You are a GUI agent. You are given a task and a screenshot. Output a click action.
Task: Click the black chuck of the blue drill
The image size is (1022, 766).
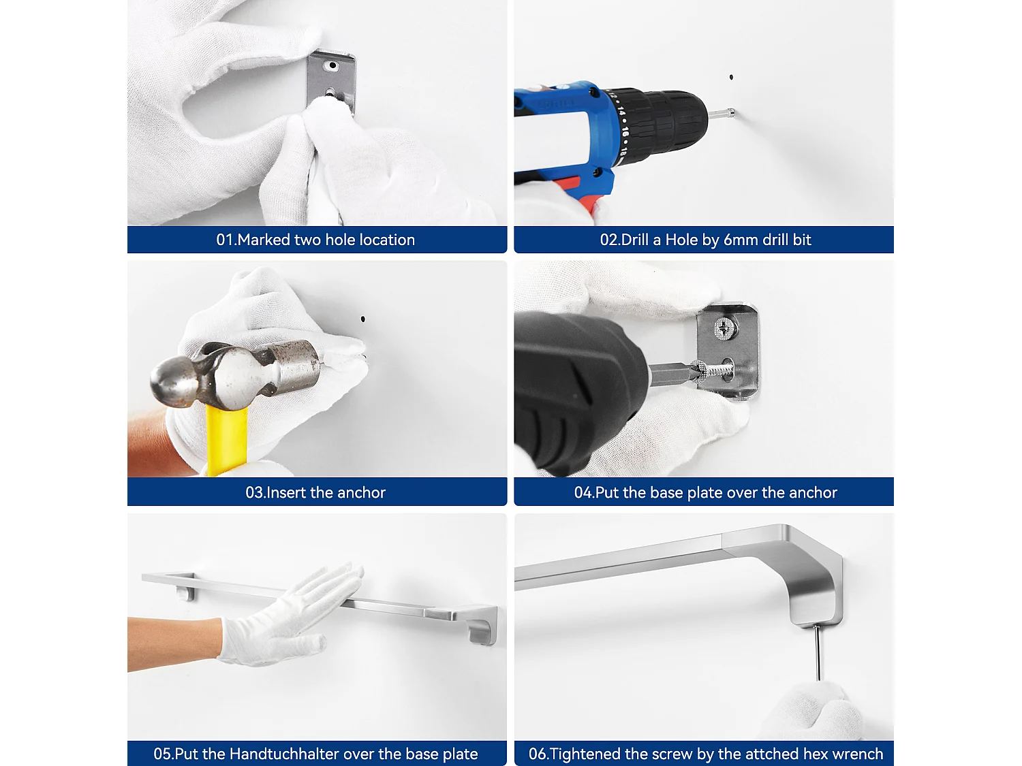(x=661, y=123)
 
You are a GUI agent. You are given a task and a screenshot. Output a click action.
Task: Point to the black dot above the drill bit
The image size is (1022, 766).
(x=731, y=77)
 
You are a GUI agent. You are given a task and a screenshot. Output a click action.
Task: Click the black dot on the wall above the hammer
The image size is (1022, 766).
(x=363, y=319)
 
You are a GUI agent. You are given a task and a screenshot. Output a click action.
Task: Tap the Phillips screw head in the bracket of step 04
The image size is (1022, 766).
(x=723, y=329)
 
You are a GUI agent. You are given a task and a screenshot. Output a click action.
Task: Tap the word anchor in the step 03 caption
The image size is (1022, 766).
(x=361, y=492)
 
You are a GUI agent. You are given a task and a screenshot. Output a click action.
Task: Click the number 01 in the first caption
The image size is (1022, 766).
(x=224, y=240)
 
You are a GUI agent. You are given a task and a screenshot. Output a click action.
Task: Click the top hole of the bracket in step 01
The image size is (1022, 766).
(x=332, y=65)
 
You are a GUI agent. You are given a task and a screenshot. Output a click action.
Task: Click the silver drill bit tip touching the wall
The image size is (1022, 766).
(x=731, y=112)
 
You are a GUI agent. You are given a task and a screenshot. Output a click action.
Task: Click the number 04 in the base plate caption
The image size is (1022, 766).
(x=583, y=492)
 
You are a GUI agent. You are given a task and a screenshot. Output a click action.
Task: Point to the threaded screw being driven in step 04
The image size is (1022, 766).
(x=713, y=372)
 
